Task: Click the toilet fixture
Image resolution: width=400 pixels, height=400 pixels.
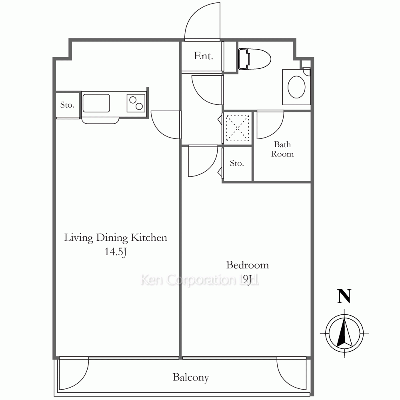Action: click(x=254, y=59)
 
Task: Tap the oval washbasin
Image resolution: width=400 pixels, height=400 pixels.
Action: click(x=296, y=87)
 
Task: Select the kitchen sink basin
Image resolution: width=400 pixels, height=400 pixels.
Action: click(x=96, y=103)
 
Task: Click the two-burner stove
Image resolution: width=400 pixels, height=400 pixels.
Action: click(x=136, y=103)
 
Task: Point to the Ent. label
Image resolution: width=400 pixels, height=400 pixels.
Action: click(x=203, y=56)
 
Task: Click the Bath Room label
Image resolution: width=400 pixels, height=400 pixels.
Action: click(x=282, y=149)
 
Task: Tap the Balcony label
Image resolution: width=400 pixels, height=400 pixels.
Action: click(x=191, y=377)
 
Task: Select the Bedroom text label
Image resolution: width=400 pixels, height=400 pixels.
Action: click(x=248, y=265)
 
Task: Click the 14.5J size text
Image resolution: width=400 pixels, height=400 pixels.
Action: click(x=116, y=252)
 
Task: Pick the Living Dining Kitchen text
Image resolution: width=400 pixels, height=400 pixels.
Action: click(x=116, y=238)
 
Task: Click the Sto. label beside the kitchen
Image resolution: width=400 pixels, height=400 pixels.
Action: click(x=67, y=105)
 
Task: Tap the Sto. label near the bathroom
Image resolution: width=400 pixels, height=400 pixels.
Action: click(x=237, y=163)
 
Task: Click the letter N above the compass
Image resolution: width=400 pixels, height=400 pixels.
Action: click(x=344, y=296)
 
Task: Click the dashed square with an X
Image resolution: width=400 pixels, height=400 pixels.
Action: click(x=238, y=128)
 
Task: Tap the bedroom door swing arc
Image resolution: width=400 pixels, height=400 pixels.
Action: click(x=210, y=167)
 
